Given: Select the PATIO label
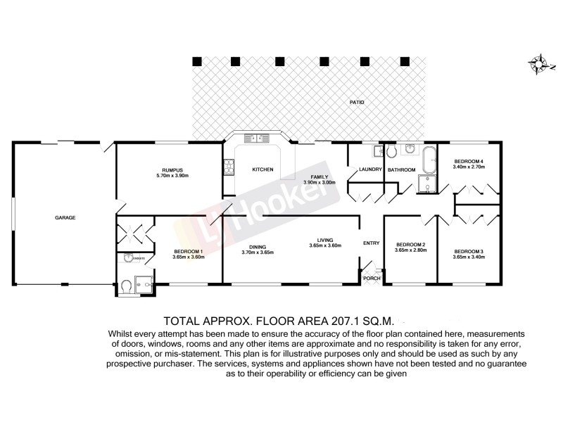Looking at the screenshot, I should click(357, 103).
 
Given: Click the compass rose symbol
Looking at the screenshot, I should click(540, 64).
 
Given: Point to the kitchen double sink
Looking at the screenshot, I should click(253, 139).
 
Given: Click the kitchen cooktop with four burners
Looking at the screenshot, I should click(228, 167).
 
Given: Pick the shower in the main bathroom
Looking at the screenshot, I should click(426, 184).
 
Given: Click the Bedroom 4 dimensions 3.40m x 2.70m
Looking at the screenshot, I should click(469, 167).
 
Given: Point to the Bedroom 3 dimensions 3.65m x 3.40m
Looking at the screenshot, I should click(469, 257).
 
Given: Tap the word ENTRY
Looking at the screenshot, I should click(371, 243).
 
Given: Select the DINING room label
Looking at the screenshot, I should click(252, 246).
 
